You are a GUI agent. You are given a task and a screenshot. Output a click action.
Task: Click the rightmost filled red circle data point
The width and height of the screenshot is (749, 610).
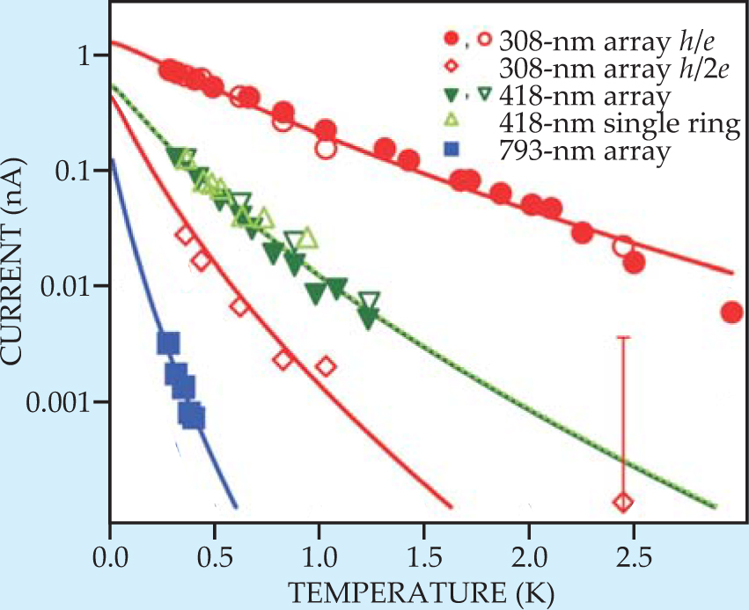point(731,312)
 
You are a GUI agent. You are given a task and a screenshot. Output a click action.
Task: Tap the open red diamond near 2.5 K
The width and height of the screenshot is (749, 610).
point(623,503)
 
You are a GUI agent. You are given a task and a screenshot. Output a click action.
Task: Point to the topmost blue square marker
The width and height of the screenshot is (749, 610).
point(168,343)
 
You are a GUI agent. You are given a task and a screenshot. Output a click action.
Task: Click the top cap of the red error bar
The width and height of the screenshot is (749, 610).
point(623,337)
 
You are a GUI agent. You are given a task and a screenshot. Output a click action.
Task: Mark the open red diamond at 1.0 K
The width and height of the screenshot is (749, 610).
point(326,366)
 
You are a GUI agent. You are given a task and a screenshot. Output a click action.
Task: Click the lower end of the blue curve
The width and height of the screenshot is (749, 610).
point(236,508)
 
